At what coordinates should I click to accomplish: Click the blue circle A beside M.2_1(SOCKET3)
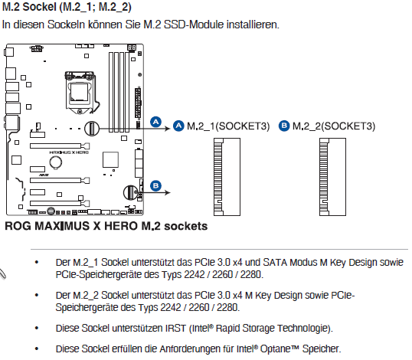point(178,126)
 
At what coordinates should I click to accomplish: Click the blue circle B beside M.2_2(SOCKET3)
point(284,126)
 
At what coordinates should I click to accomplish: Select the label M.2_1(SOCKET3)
point(228,126)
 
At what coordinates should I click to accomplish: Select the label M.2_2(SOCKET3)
point(334,126)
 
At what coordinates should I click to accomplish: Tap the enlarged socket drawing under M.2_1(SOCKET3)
point(227,177)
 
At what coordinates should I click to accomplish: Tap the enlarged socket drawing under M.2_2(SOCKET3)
point(332,177)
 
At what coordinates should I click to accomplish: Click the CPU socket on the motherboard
point(80,92)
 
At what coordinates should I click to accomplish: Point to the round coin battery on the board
point(56,162)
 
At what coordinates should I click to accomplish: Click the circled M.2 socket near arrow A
point(92,129)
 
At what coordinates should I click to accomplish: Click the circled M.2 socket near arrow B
point(131,192)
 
